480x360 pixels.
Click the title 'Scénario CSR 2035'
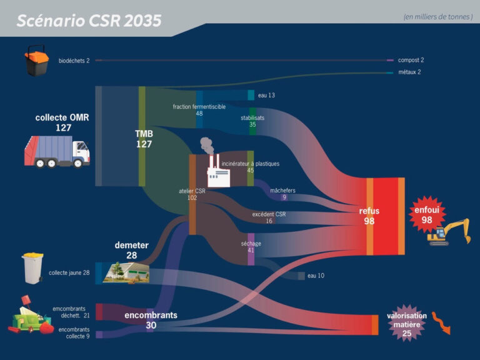89,21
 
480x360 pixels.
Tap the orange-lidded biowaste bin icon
36,60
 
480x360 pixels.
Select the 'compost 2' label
411,60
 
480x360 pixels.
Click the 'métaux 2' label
409,72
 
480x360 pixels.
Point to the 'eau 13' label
266,95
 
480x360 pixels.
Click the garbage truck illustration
57,152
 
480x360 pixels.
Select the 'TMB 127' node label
144,139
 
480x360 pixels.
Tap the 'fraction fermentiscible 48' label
199,110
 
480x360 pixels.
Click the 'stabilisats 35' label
252,121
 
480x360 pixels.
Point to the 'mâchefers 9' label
283,194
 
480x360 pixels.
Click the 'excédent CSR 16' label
269,217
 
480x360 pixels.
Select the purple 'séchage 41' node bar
251,249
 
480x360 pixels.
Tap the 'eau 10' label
316,276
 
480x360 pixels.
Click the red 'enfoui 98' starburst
427,214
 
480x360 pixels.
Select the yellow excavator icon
449,232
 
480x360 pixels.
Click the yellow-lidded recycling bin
32,268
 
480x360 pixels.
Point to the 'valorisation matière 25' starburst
406,324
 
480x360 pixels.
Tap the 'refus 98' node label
369,216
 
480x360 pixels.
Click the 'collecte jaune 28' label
69,272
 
